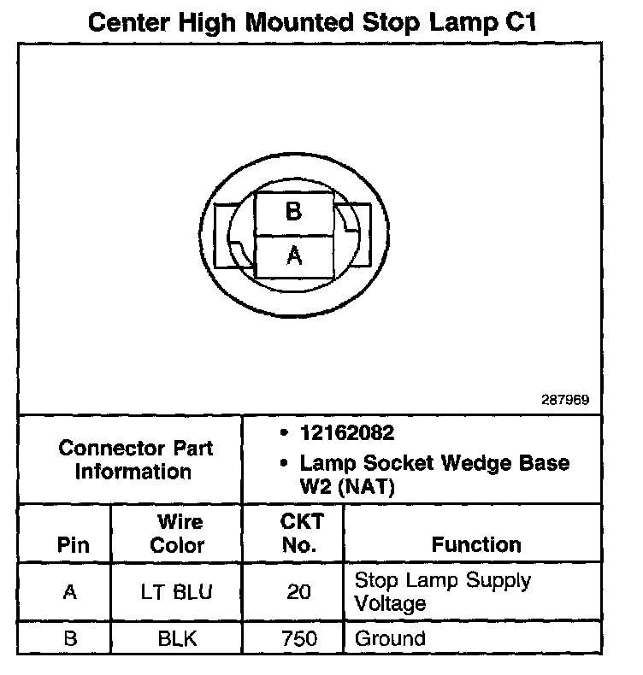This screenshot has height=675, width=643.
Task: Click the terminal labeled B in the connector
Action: click(x=293, y=212)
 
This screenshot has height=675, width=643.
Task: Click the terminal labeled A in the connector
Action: click(x=293, y=255)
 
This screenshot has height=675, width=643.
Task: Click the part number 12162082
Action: click(x=346, y=433)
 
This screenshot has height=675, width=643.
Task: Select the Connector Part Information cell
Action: click(x=135, y=460)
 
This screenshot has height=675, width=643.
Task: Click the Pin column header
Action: click(x=72, y=544)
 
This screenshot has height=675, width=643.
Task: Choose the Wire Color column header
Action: click(x=177, y=533)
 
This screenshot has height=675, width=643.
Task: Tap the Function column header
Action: click(x=475, y=544)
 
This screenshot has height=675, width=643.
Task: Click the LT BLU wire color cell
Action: click(x=177, y=591)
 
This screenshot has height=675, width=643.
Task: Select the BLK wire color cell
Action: click(x=177, y=638)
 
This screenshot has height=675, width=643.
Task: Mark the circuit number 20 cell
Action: click(x=298, y=591)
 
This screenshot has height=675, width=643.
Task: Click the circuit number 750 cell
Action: click(x=298, y=638)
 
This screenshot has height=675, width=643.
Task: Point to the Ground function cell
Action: click(x=389, y=638)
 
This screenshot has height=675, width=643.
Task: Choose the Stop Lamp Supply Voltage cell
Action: click(x=442, y=591)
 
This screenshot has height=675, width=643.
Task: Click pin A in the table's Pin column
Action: click(x=72, y=591)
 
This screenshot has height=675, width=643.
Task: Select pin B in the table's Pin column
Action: click(x=72, y=638)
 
